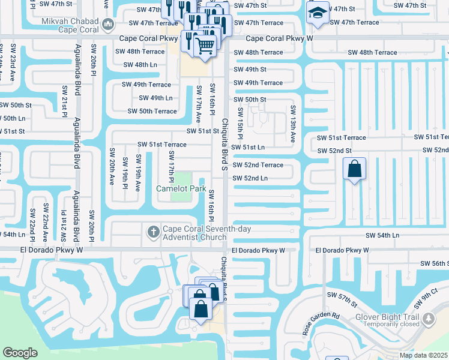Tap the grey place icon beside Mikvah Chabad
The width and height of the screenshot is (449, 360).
pyautogui.click(x=108, y=25)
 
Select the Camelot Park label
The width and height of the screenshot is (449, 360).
pyautogui.click(x=181, y=188)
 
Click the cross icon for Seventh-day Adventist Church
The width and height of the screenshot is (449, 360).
pyautogui.click(x=153, y=231)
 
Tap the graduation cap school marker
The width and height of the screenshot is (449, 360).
pyautogui.click(x=315, y=13)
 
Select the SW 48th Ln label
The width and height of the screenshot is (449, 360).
pyautogui.click(x=140, y=65)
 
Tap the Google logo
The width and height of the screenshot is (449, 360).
pyautogui.click(x=20, y=353)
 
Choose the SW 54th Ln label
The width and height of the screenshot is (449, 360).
pyautogui.click(x=382, y=235)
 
